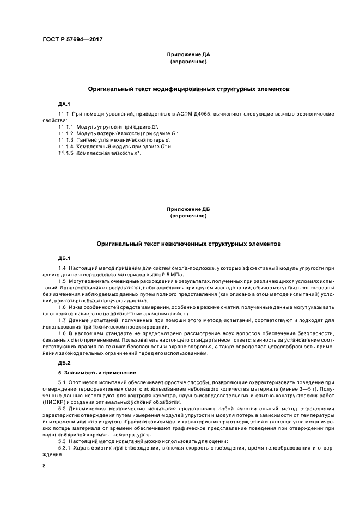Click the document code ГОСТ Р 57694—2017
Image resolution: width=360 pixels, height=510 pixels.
click(x=73, y=40)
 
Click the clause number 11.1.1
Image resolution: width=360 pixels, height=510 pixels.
click(x=65, y=126)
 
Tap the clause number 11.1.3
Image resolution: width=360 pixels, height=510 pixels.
click(x=65, y=140)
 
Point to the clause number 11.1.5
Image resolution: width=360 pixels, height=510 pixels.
click(x=65, y=154)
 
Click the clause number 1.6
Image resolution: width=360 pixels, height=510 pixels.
click(x=62, y=308)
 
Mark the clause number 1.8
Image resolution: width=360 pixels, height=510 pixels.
click(x=62, y=332)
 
